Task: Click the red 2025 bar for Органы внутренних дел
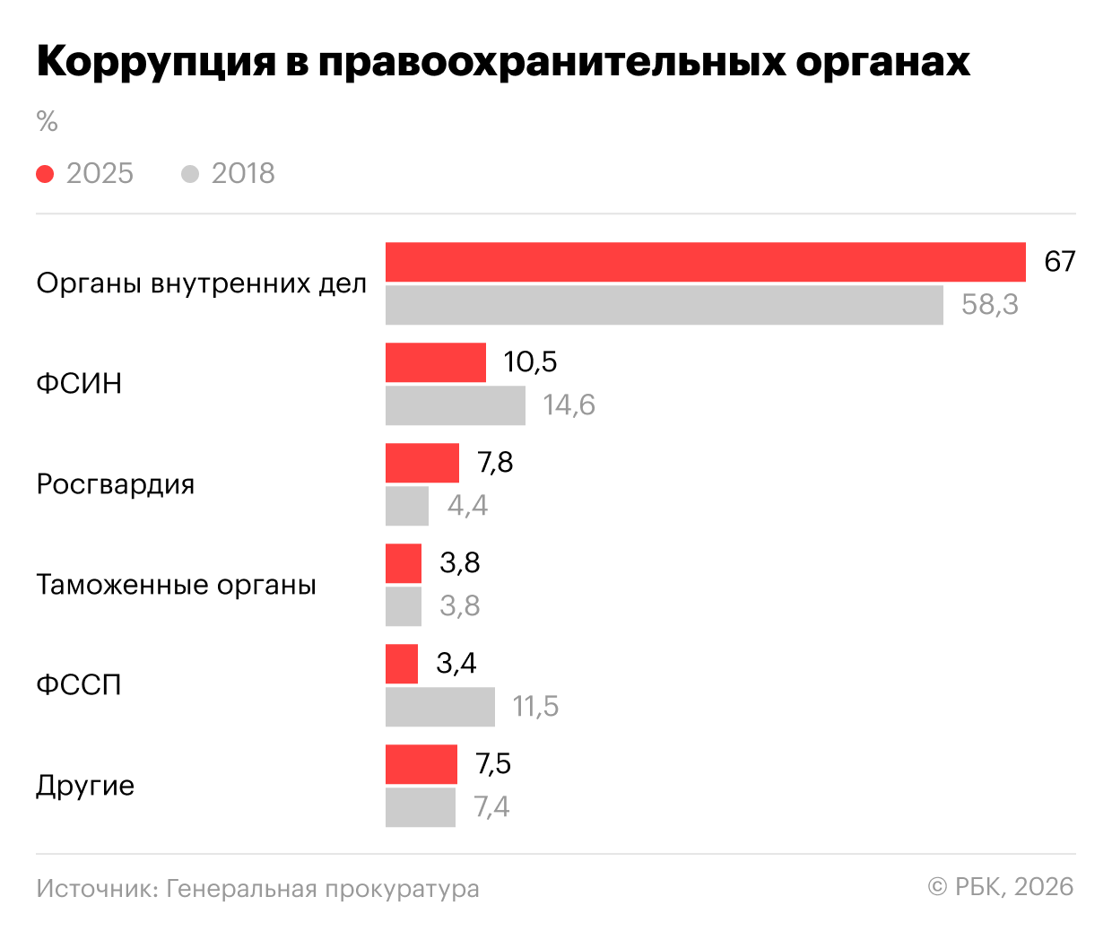coord(705,262)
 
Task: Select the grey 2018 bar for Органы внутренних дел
coord(664,305)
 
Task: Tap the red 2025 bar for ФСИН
coord(436,362)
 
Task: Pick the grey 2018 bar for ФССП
coord(440,707)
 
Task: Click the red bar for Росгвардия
coord(422,463)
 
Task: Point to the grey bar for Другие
coord(421,807)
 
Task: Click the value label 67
coord(1059,262)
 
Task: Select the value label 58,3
coord(990,305)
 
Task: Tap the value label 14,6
coord(569,405)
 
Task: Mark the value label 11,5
coord(535,707)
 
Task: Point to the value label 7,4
coord(491,807)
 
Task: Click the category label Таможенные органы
coord(176,585)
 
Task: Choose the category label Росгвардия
coord(115,484)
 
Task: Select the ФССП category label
coord(79,685)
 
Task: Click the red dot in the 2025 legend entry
coord(45,174)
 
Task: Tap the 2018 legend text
coord(243,174)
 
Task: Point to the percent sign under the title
coord(47,121)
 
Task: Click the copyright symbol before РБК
coord(937,887)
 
